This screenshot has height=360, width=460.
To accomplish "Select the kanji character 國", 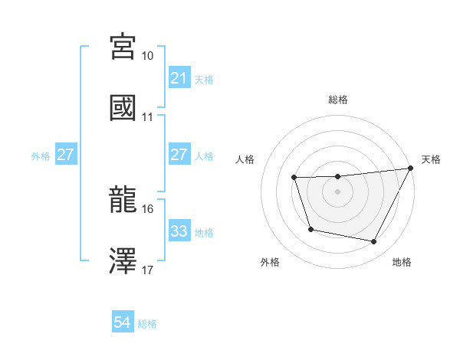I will click(123, 108).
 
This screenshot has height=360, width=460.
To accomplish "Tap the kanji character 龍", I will click(123, 200).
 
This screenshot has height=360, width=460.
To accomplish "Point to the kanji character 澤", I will click(123, 260).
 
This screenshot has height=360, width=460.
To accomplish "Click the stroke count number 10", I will click(148, 56).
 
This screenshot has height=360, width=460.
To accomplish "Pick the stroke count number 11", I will click(148, 117).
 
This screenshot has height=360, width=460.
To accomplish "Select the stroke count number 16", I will click(148, 208).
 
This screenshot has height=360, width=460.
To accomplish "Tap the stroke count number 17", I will click(148, 270).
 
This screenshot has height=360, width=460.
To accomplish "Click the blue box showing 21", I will click(179, 78).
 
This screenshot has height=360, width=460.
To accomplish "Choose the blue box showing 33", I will click(179, 231).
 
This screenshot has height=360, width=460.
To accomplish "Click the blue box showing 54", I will click(123, 323).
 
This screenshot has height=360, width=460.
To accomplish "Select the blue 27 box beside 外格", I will click(66, 155).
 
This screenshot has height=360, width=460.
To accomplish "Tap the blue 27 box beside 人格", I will click(179, 155).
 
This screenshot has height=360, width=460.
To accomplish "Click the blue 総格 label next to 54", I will click(147, 324).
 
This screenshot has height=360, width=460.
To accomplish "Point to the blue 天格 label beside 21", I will click(204, 79).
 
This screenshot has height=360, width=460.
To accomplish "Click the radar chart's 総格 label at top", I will click(338, 100).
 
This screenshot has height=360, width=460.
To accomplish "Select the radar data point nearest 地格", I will click(374, 242).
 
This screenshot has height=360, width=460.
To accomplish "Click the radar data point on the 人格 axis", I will click(294, 178).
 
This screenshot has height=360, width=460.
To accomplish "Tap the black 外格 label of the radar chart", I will click(270, 263).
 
